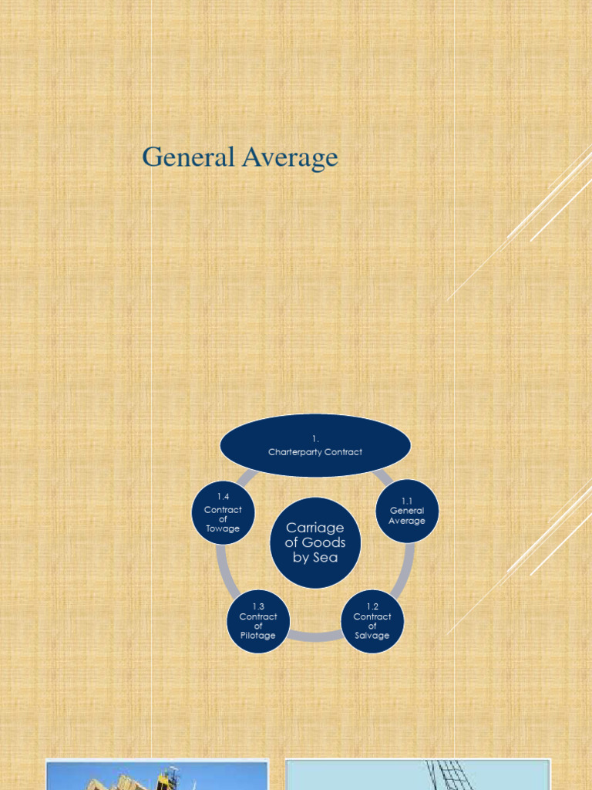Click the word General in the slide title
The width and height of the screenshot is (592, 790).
pyautogui.click(x=189, y=157)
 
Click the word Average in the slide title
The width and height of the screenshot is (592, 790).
pyautogui.click(x=291, y=158)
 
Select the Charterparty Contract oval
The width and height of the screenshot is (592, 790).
pyautogui.click(x=315, y=445)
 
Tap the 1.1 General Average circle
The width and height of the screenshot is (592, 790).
pyautogui.click(x=407, y=511)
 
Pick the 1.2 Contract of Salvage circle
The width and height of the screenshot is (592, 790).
pyautogui.click(x=372, y=622)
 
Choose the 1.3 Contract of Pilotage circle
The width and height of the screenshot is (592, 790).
pyautogui.click(x=258, y=622)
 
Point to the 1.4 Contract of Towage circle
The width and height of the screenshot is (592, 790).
pyautogui.click(x=223, y=513)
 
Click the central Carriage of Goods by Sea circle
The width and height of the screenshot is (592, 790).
pyautogui.click(x=315, y=542)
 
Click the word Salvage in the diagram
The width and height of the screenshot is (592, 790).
pyautogui.click(x=372, y=636)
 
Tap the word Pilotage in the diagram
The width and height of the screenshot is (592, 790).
pyautogui.click(x=258, y=636)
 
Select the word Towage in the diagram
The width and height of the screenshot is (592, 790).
pyautogui.click(x=223, y=529)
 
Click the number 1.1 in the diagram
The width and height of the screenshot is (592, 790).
pyautogui.click(x=407, y=501)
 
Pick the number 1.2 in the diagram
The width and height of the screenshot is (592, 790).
pyautogui.click(x=372, y=607)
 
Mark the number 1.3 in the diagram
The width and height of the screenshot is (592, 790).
pyautogui.click(x=258, y=607)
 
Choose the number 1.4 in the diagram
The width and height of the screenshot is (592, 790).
pyautogui.click(x=223, y=496)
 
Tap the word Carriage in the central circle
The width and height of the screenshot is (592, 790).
pyautogui.click(x=314, y=527)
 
